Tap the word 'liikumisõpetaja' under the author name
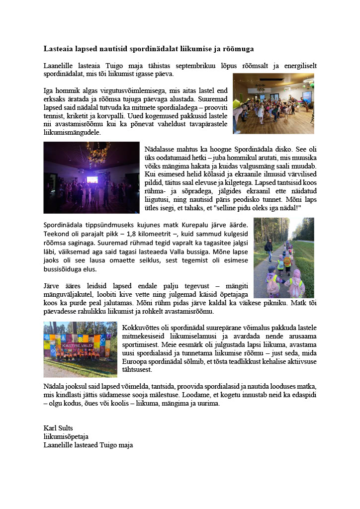66,436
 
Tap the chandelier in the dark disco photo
97,149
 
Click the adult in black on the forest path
269,250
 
